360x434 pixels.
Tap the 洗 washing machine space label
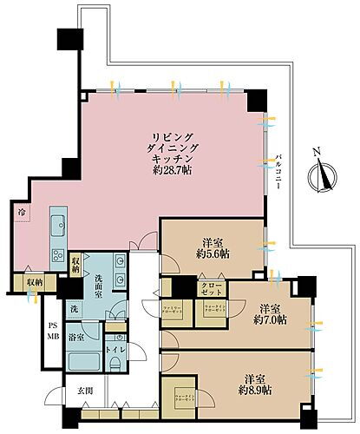[75, 308]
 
